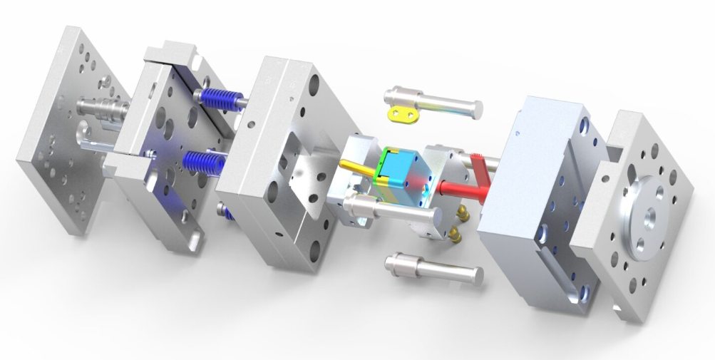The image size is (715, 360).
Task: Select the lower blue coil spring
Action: tap(203, 162)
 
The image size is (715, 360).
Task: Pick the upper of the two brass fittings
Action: tap(465, 211)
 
